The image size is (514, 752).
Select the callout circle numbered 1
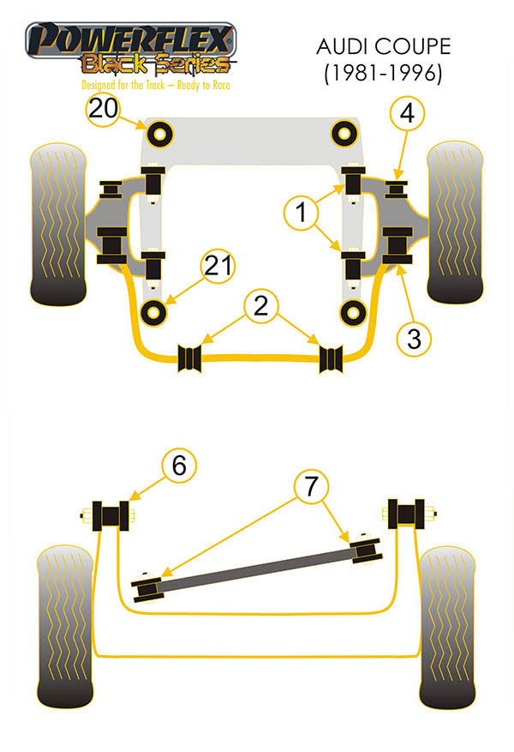pyautogui.click(x=301, y=213)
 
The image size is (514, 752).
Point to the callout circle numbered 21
pyautogui.click(x=218, y=268)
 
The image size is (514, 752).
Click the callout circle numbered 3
pyautogui.click(x=415, y=339)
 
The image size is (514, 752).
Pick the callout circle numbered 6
pyautogui.click(x=179, y=466)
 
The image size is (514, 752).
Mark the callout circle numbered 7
pyautogui.click(x=310, y=487)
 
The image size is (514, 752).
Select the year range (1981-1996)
pyautogui.click(x=382, y=75)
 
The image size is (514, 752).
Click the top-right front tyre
pyautogui.click(x=457, y=224)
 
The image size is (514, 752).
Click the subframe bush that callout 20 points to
pyautogui.click(x=160, y=133)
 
